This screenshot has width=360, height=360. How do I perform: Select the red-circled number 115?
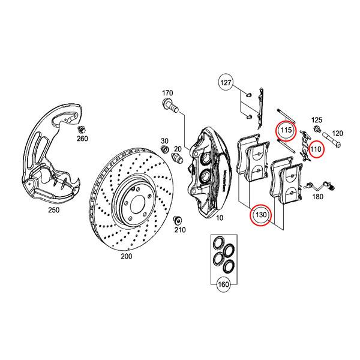[x=286, y=130]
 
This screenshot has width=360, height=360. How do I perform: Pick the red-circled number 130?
[x=260, y=214]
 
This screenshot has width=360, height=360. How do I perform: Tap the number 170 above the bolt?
[x=167, y=93]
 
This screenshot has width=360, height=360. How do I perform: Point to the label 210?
[x=179, y=230]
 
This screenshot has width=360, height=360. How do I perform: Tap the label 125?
[x=316, y=121]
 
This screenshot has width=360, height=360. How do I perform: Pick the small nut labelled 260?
[x=82, y=129]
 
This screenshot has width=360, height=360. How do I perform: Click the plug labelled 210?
[x=178, y=218]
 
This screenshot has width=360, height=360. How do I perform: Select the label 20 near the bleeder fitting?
[x=178, y=149]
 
